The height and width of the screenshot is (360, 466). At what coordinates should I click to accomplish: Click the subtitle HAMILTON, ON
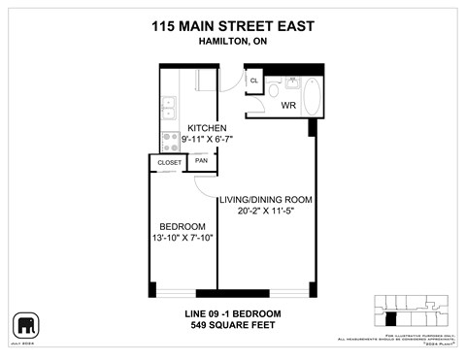233,44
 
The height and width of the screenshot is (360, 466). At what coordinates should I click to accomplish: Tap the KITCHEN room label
207,128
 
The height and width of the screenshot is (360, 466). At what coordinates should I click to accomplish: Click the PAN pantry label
201,161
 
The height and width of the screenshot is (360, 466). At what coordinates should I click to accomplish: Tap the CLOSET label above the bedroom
169,162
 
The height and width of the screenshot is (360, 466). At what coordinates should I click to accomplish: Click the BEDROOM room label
182,225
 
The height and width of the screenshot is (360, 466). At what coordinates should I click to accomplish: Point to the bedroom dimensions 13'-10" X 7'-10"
182,238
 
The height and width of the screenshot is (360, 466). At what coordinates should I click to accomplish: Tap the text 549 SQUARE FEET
233,326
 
